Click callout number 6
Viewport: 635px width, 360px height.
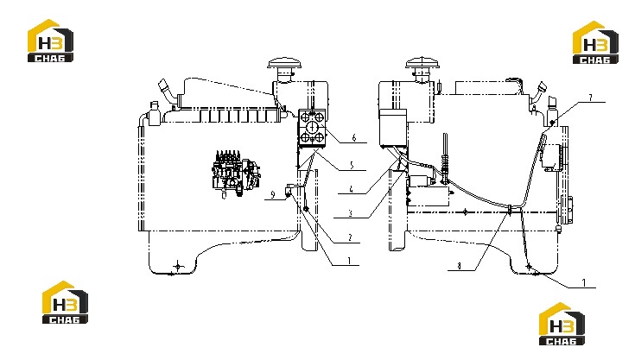pos(354,138)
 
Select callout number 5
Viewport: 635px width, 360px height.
pos(352,165)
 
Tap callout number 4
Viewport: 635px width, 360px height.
pos(351,189)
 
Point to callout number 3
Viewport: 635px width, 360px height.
pos(350,213)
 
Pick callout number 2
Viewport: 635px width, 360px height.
pos(350,237)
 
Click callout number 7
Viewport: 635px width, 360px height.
pos(590,98)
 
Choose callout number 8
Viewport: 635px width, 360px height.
pos(459,266)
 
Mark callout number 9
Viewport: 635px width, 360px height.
pos(272,195)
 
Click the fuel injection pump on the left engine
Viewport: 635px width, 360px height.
pos(236,174)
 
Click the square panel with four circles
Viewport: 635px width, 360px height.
pos(312,127)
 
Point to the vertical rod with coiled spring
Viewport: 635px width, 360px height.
pos(446,159)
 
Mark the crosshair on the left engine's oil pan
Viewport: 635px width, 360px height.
pos(178,266)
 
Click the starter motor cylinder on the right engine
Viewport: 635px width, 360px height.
pos(422,179)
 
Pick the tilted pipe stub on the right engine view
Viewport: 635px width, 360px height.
pos(538,92)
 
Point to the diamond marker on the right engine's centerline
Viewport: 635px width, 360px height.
pos(465,212)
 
